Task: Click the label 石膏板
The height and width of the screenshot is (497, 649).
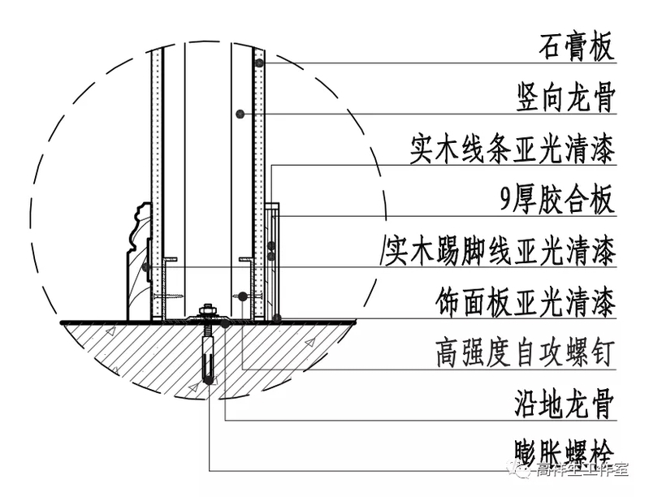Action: point(575,47)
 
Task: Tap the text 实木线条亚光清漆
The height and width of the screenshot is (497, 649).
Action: point(512,150)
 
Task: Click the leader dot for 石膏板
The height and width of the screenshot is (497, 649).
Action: point(259,63)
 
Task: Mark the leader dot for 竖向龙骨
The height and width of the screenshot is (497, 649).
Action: point(240,113)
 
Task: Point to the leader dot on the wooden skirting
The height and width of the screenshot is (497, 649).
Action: point(145,266)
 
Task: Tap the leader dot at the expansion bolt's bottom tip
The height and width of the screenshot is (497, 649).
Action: point(209,380)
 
